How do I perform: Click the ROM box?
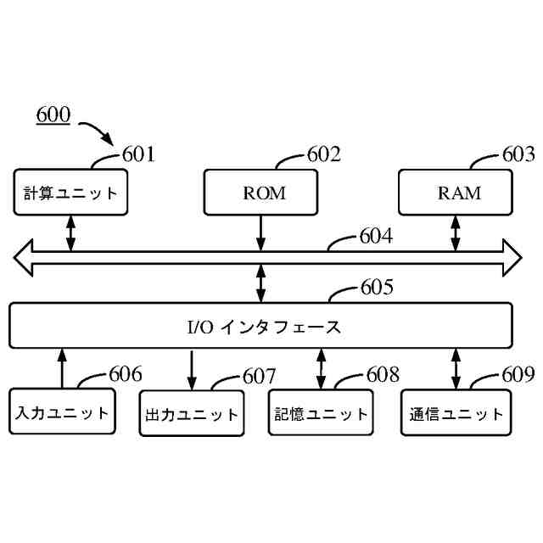click(261, 193)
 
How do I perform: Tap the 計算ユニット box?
click(70, 193)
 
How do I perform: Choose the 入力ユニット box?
click(62, 413)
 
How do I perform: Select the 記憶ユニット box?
click(322, 413)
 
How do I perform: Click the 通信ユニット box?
click(456, 415)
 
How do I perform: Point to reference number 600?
click(53, 115)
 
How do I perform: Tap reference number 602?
click(323, 154)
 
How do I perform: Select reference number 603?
click(518, 154)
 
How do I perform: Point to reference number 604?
click(376, 238)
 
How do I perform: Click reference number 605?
click(377, 288)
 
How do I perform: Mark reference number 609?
click(518, 373)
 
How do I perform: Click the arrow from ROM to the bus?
click(261, 232)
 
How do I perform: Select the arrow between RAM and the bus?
click(456, 232)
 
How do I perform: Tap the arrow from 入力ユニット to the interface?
click(62, 367)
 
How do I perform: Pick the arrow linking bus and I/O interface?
click(261, 283)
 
